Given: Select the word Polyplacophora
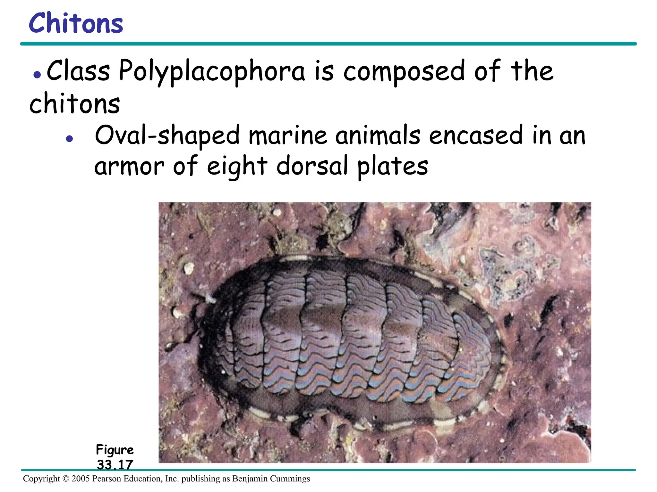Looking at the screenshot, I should pyautogui.click(x=212, y=71).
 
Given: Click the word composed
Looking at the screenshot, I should pyautogui.click(x=404, y=72).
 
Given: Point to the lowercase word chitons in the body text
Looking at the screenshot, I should pyautogui.click(x=74, y=104).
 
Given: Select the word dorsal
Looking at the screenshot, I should pyautogui.click(x=312, y=166).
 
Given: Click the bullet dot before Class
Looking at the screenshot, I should pyautogui.click(x=37, y=75).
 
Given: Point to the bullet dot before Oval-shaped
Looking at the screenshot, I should pyautogui.click(x=69, y=139).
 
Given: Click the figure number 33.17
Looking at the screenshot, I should pyautogui.click(x=115, y=464).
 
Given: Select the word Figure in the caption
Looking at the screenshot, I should pyautogui.click(x=115, y=450).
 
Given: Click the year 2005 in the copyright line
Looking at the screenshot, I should pyautogui.click(x=81, y=479).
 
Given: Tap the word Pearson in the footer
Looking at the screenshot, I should pyautogui.click(x=107, y=479).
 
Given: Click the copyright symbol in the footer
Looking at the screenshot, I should pyautogui.click(x=66, y=479).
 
